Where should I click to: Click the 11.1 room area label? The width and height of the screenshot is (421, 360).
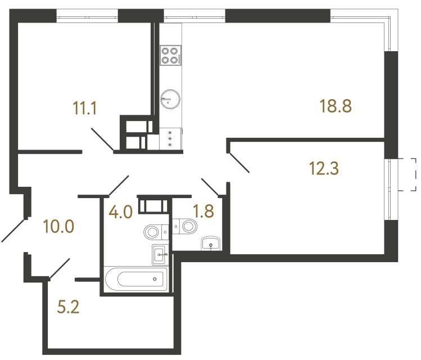point(85,107)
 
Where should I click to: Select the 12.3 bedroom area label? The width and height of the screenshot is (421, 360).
point(324,168)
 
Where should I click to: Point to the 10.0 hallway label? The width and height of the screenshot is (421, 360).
point(58,227)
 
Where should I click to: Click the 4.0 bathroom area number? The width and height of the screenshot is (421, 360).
point(120,212)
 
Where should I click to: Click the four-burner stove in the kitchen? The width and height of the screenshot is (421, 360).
point(170,55)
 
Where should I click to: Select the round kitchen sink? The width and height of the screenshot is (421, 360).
point(169,100)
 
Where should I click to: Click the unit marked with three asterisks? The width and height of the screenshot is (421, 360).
point(170,139)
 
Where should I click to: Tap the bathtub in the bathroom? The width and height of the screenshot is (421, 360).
point(135,279)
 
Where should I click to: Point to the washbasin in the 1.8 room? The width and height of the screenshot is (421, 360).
point(210,244)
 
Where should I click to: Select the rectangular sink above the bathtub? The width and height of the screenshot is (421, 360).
point(159,254)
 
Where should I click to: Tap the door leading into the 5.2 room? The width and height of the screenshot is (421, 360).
point(60,268)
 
